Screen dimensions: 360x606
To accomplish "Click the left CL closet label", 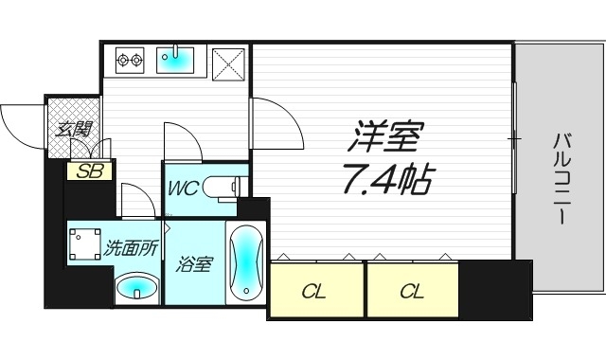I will pyautogui.click(x=315, y=291).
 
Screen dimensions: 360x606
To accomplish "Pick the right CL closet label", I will pyautogui.click(x=411, y=291).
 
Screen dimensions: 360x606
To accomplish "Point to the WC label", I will pyautogui.click(x=183, y=188).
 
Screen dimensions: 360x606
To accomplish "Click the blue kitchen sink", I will pyautogui.click(x=175, y=62).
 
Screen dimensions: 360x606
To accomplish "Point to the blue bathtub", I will pyautogui.click(x=244, y=262).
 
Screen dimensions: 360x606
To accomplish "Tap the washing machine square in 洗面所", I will pyautogui.click(x=85, y=243).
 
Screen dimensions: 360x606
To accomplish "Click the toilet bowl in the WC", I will pyautogui.click(x=224, y=187).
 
